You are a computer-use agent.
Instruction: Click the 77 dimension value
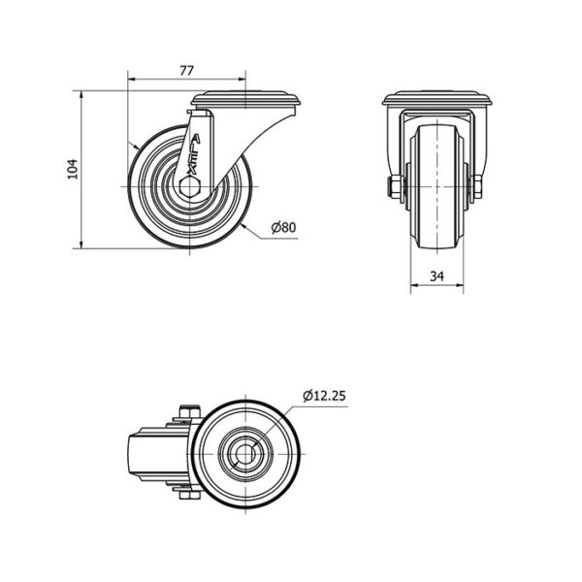[x=186, y=71]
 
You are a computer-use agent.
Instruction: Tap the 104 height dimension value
[x=73, y=169]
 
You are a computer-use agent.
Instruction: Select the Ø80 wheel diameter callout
[x=283, y=227]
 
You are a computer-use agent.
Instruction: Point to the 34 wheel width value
[x=436, y=276]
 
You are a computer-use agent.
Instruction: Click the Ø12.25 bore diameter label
[x=324, y=396]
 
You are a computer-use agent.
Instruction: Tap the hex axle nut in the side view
[x=189, y=185]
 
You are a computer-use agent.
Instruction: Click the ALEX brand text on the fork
[x=194, y=154]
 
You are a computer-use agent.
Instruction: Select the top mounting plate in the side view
[x=247, y=99]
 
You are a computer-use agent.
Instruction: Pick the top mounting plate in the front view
[x=438, y=98]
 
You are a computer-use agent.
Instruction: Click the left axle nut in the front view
[x=394, y=187]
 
